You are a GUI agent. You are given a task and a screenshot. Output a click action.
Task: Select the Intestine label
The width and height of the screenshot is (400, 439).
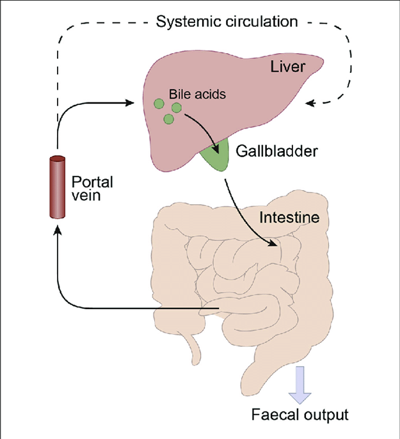[289, 218]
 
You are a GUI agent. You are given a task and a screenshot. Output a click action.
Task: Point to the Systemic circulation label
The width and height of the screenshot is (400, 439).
[227, 21]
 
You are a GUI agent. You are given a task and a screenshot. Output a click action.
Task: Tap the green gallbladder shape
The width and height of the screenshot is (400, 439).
[216, 158]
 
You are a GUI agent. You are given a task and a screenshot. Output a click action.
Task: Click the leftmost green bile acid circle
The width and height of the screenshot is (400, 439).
[158, 102]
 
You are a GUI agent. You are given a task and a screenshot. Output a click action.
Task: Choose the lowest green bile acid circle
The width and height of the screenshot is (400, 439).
[169, 118]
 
